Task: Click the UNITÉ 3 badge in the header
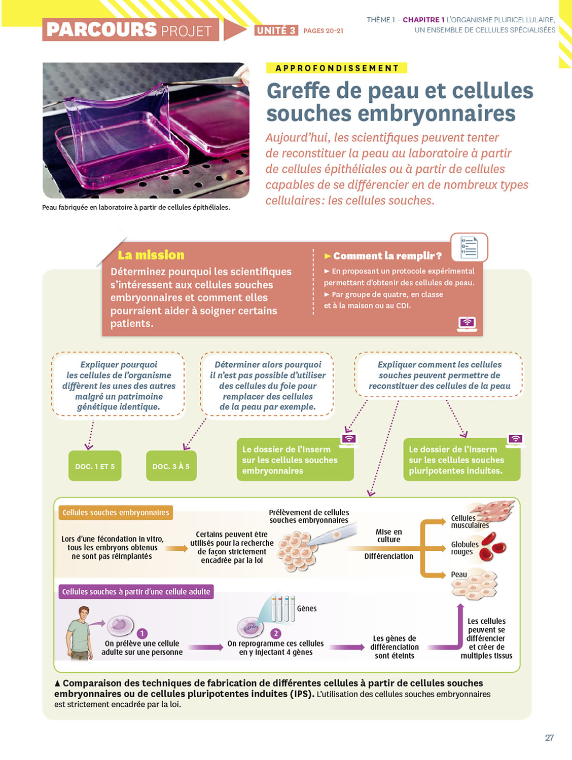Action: [x=276, y=30]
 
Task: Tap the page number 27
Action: [x=549, y=738]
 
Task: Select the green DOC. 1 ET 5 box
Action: [x=95, y=466]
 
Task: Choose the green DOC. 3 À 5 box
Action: [x=171, y=466]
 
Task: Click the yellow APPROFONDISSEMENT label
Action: [x=337, y=68]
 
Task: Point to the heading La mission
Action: [x=151, y=255]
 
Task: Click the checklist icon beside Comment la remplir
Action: [x=469, y=247]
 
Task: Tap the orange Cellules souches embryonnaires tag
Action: [x=116, y=513]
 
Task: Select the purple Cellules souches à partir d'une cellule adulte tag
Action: [x=136, y=592]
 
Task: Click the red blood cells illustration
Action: [x=492, y=546]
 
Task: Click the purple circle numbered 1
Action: [x=142, y=633]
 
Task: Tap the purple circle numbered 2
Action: [x=276, y=633]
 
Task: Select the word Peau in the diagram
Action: [x=459, y=575]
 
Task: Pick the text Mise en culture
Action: [x=388, y=536]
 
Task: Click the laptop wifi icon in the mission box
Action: [x=467, y=323]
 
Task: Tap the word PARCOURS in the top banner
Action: [x=101, y=30]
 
